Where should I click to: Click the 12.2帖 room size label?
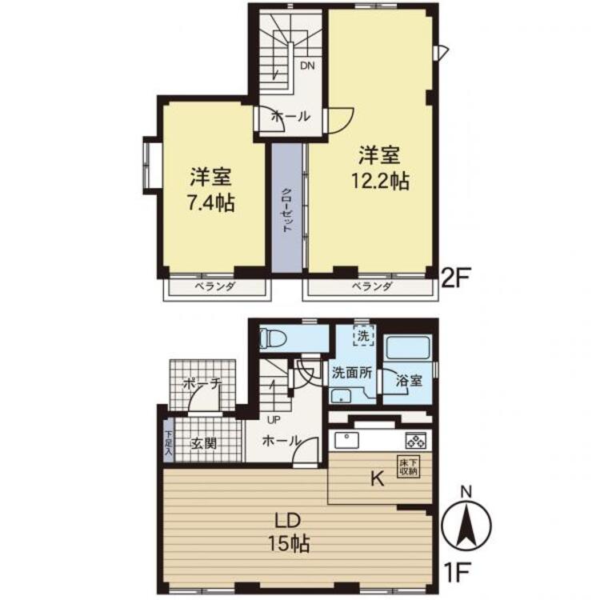[380, 182]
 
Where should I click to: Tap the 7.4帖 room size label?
[211, 203]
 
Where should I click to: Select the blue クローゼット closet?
[287, 208]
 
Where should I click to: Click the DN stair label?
[307, 66]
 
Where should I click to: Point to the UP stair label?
[274, 420]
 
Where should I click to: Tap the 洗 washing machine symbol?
[363, 335]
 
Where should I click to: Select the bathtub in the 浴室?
[408, 347]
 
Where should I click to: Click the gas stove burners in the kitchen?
[415, 441]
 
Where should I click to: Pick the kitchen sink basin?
[346, 440]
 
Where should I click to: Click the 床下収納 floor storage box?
[409, 467]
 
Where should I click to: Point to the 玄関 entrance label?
[204, 443]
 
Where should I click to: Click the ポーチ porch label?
[202, 383]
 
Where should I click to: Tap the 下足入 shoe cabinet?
[168, 442]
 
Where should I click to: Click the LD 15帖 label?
[289, 532]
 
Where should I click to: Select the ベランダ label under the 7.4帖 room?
[215, 286]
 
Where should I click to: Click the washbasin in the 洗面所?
[341, 395]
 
